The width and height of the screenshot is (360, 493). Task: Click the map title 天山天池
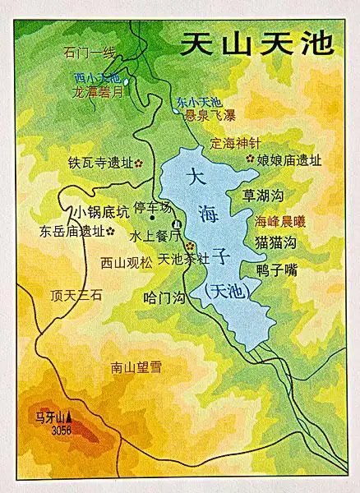[257, 43]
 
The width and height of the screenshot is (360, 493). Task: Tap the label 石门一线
[90, 53]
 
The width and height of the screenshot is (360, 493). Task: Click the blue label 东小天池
[198, 102]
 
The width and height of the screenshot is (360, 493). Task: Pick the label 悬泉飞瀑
[210, 115]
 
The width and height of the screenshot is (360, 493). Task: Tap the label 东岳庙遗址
[72, 231]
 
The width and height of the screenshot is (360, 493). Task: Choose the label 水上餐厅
[150, 235]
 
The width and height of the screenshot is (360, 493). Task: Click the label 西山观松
[126, 263]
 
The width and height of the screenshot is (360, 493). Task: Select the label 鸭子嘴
[276, 269]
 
